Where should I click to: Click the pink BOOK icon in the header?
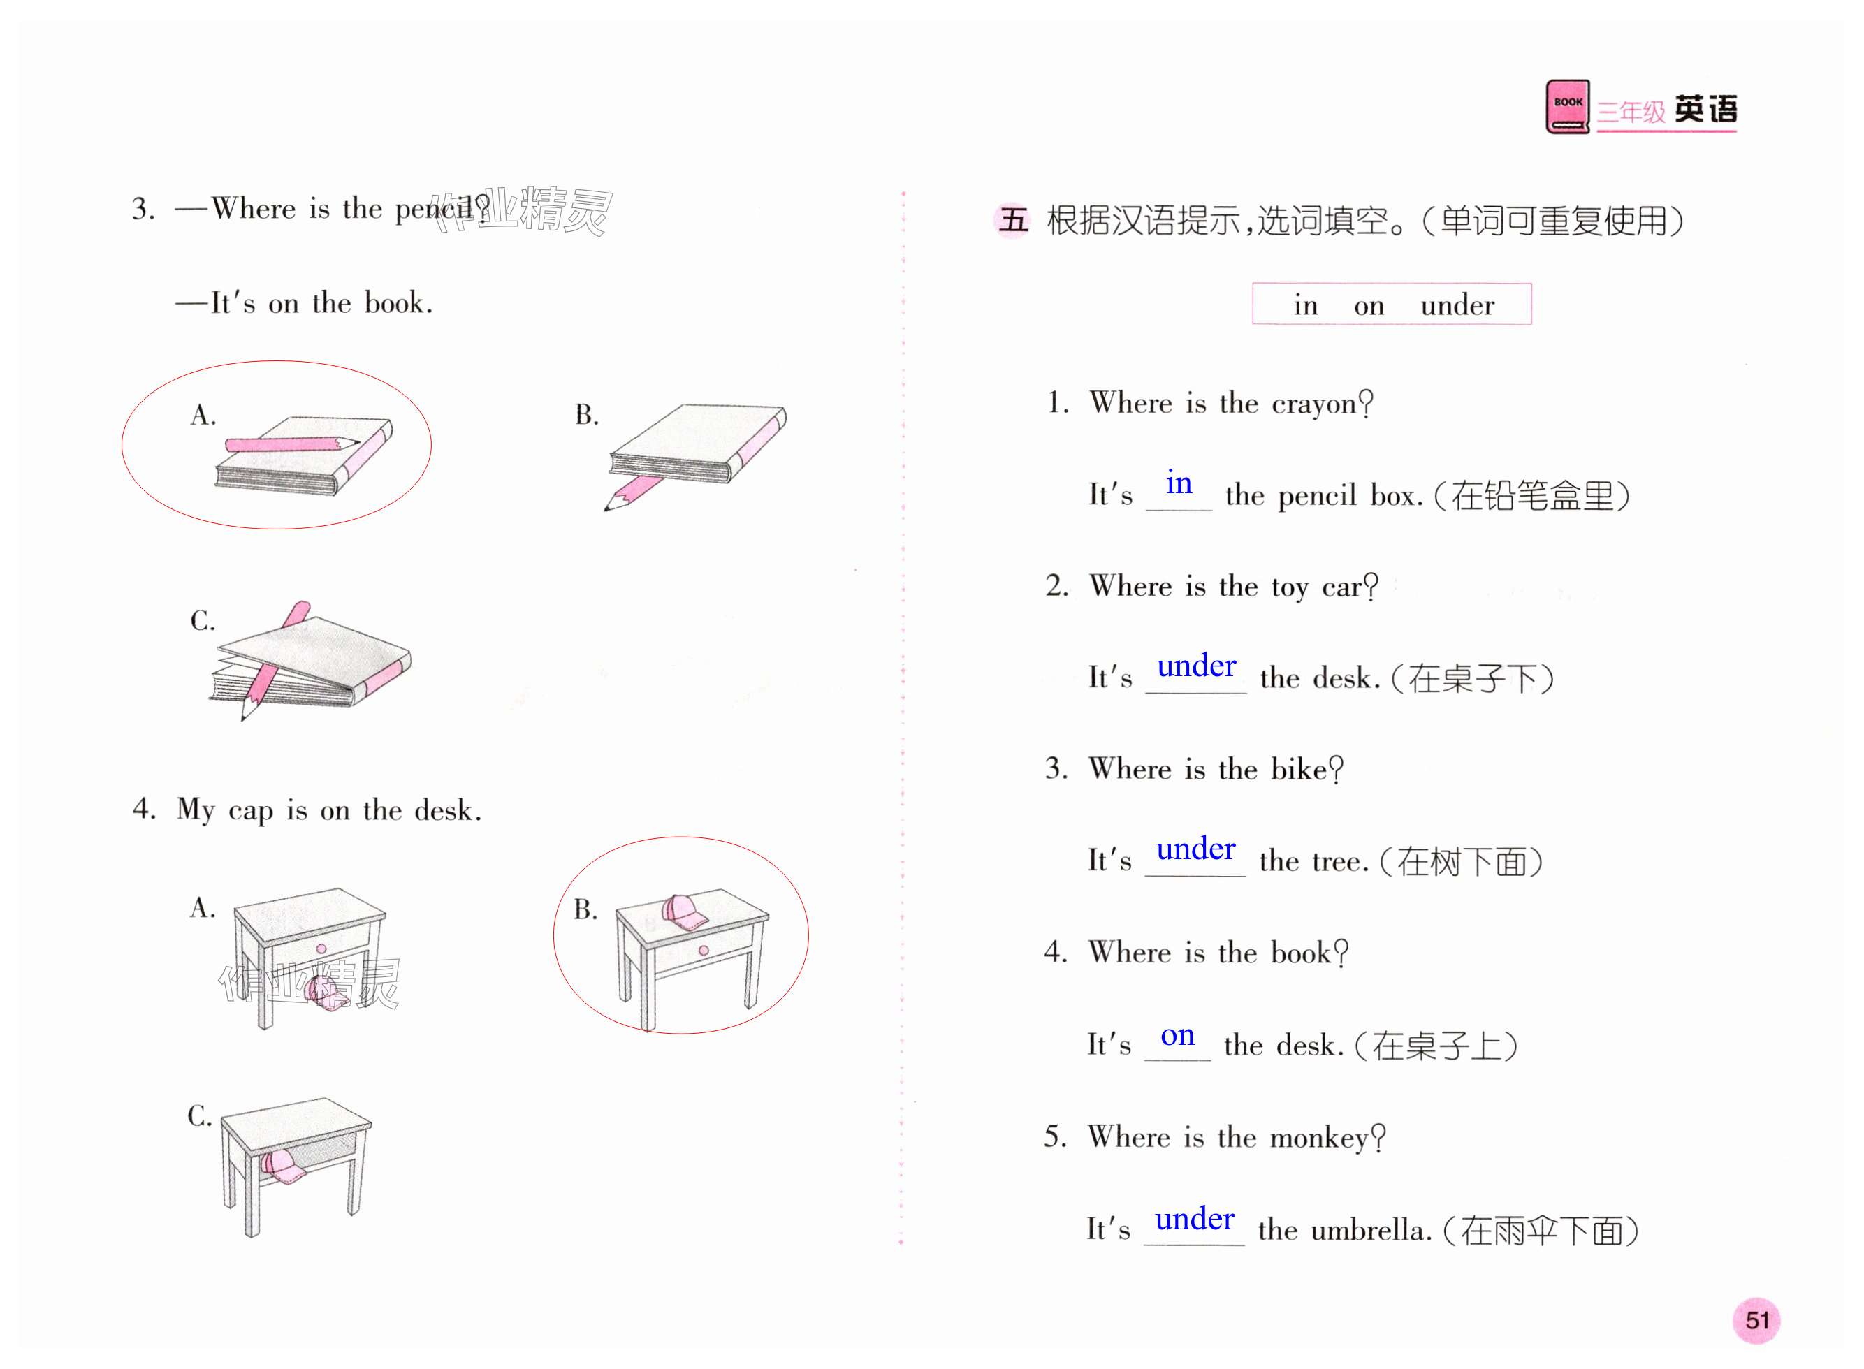[x=1566, y=106]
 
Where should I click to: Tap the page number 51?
[x=1756, y=1319]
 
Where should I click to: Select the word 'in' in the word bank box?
[x=1305, y=306]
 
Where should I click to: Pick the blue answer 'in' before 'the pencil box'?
[x=1179, y=483]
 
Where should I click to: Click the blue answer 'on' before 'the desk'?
[x=1177, y=1035]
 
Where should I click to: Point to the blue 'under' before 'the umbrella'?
[x=1194, y=1219]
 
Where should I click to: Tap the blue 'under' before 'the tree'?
[x=1195, y=849]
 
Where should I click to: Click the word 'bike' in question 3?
[x=1299, y=770]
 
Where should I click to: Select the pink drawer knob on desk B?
[x=703, y=951]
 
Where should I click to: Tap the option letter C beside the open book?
[x=201, y=621]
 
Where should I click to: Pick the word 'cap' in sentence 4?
[x=250, y=810]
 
